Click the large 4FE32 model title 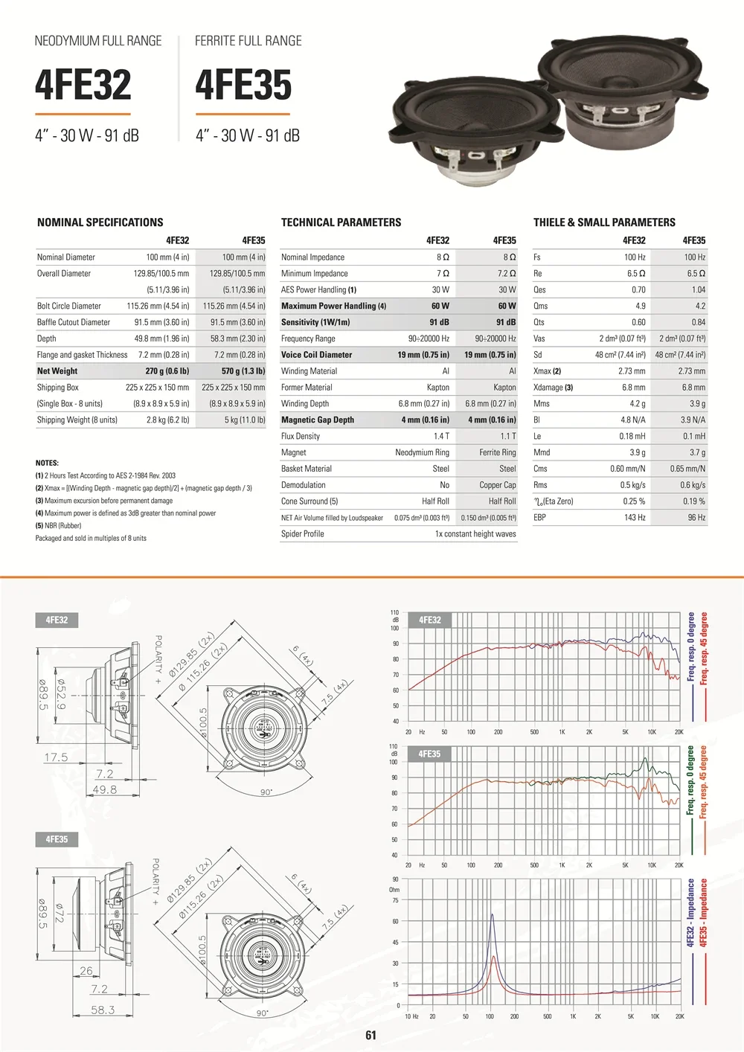click(x=83, y=85)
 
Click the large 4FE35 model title click(x=243, y=85)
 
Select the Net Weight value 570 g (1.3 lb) click(x=243, y=371)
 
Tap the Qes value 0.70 click(x=638, y=289)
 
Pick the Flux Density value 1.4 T click(x=441, y=436)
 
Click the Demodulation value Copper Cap click(x=498, y=485)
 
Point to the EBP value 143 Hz click(x=635, y=518)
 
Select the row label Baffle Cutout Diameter click(x=73, y=322)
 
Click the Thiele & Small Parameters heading click(x=604, y=222)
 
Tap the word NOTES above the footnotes click(x=47, y=463)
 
